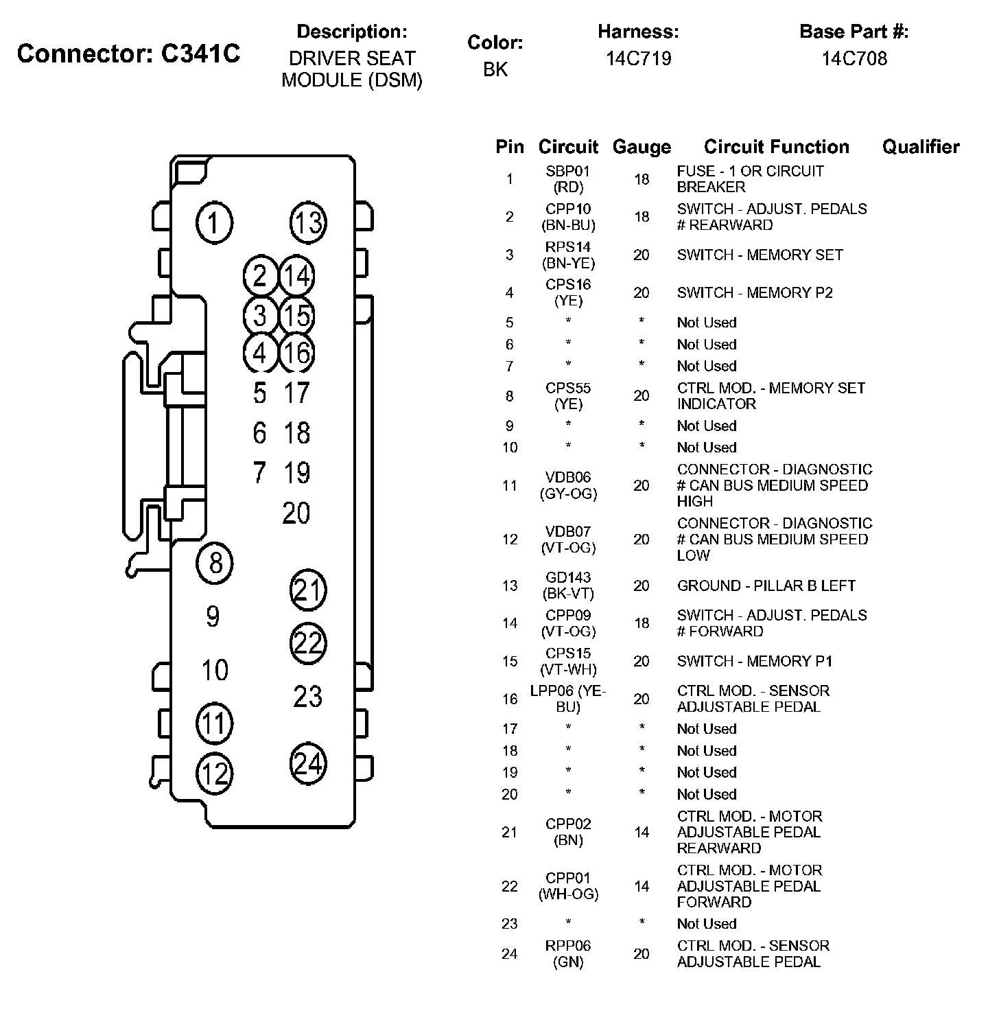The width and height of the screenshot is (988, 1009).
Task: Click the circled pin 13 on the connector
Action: click(308, 222)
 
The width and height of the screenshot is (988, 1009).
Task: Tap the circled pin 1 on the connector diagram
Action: click(215, 223)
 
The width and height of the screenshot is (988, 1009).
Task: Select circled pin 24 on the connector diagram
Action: click(308, 763)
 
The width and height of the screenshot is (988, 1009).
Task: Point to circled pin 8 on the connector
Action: click(215, 563)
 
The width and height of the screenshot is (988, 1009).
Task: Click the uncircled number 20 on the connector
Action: click(296, 513)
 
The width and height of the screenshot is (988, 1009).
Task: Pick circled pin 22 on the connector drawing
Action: click(308, 643)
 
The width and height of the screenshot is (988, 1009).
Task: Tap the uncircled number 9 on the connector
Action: click(213, 616)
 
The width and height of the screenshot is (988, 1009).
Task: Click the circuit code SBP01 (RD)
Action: click(568, 179)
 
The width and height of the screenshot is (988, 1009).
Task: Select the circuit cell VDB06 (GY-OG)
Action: click(568, 485)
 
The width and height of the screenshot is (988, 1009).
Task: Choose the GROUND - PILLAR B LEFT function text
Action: click(766, 585)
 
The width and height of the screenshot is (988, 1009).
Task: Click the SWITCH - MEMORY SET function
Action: click(760, 255)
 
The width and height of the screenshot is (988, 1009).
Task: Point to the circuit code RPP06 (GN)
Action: click(568, 953)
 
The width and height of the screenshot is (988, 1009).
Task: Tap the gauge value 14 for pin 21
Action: click(642, 832)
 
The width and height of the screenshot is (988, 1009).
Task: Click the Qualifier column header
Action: click(921, 147)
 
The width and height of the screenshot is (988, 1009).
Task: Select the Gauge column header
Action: click(642, 147)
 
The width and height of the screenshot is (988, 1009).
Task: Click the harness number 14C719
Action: click(638, 58)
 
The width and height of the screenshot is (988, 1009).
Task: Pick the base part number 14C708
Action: click(854, 58)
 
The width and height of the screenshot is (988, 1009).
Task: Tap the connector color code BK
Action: click(495, 69)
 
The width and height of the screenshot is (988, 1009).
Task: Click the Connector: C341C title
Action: click(129, 54)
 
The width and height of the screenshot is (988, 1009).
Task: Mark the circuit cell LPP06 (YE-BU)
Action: click(568, 699)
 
